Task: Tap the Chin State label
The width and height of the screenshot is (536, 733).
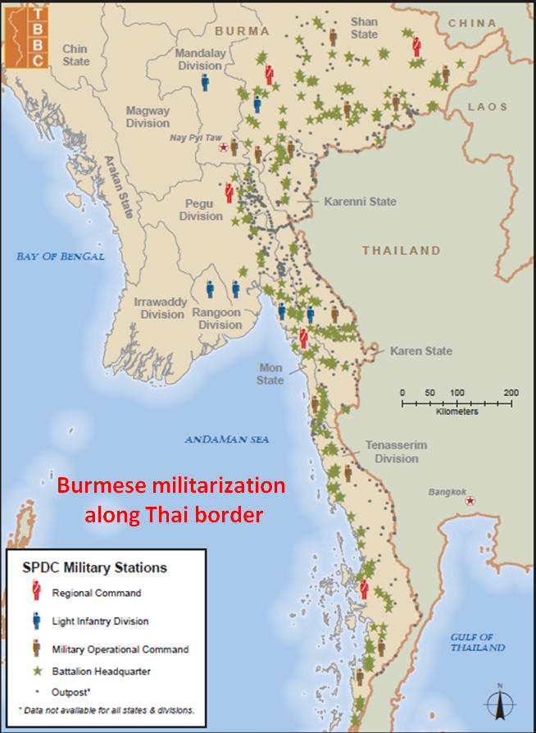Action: [x=75, y=56]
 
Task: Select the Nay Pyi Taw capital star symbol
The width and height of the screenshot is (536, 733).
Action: [x=223, y=148]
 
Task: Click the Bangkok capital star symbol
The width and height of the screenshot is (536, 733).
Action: [x=470, y=500]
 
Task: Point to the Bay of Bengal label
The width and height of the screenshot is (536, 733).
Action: [x=61, y=257]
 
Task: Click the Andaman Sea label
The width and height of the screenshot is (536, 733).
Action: [x=226, y=440]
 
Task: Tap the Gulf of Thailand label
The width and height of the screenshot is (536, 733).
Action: [x=478, y=642]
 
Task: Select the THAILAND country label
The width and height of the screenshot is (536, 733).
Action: [x=402, y=250]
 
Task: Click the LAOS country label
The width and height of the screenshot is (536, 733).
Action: [x=487, y=107]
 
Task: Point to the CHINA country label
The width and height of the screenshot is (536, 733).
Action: [x=477, y=23]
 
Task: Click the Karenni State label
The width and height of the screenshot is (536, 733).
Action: [x=360, y=202]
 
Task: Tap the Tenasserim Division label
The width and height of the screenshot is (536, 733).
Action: [x=397, y=452]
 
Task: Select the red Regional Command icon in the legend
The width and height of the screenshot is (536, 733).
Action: [x=35, y=592]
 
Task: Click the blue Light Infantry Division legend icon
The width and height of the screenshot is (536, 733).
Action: [x=35, y=621]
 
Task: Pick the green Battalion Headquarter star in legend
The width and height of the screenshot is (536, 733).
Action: [x=35, y=672]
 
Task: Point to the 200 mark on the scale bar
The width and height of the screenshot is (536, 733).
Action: [x=510, y=393]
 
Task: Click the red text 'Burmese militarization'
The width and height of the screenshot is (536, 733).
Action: [x=170, y=485]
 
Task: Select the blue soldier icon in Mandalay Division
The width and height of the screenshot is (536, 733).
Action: [x=205, y=82]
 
